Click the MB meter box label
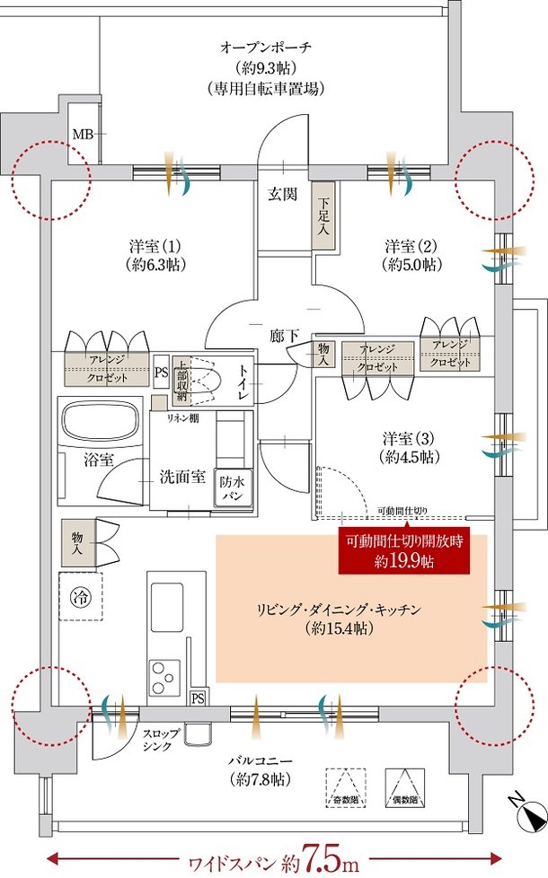(x=82, y=135)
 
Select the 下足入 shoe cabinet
(x=323, y=216)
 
